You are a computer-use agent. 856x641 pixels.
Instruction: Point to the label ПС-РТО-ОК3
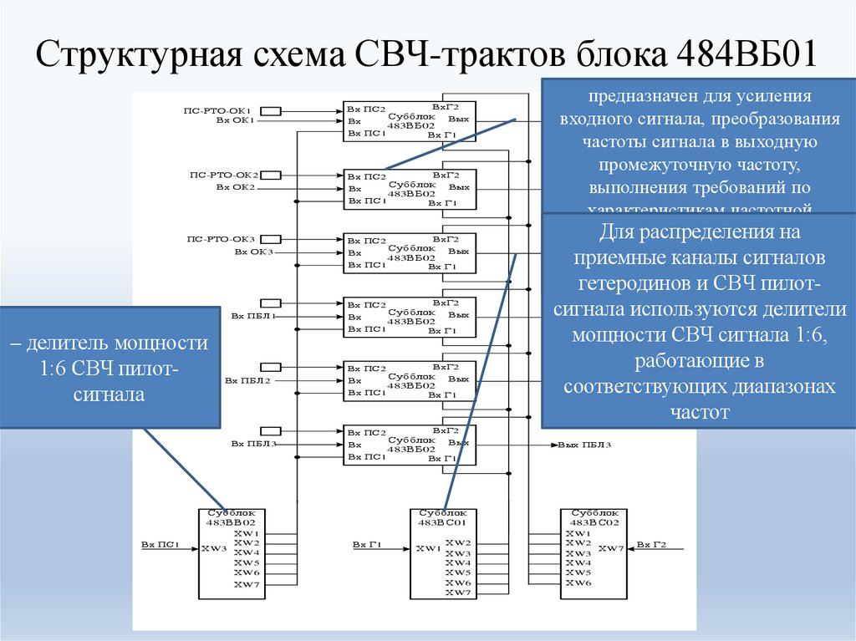pos(222,239)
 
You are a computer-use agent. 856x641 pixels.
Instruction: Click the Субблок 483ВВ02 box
pos(232,553)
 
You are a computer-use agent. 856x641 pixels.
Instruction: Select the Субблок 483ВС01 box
pos(443,553)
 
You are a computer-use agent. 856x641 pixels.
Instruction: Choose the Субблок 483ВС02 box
pos(594,553)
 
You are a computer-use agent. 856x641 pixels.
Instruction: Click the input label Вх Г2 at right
pos(652,545)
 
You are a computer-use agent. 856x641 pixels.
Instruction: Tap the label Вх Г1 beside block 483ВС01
pos(367,545)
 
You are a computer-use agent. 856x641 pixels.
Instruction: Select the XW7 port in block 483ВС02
pos(611,548)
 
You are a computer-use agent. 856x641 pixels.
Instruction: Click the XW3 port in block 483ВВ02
pos(214,548)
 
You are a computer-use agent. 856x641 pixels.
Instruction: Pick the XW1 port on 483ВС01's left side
pos(426,549)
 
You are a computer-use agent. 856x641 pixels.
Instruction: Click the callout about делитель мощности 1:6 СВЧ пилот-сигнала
pos(110,368)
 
